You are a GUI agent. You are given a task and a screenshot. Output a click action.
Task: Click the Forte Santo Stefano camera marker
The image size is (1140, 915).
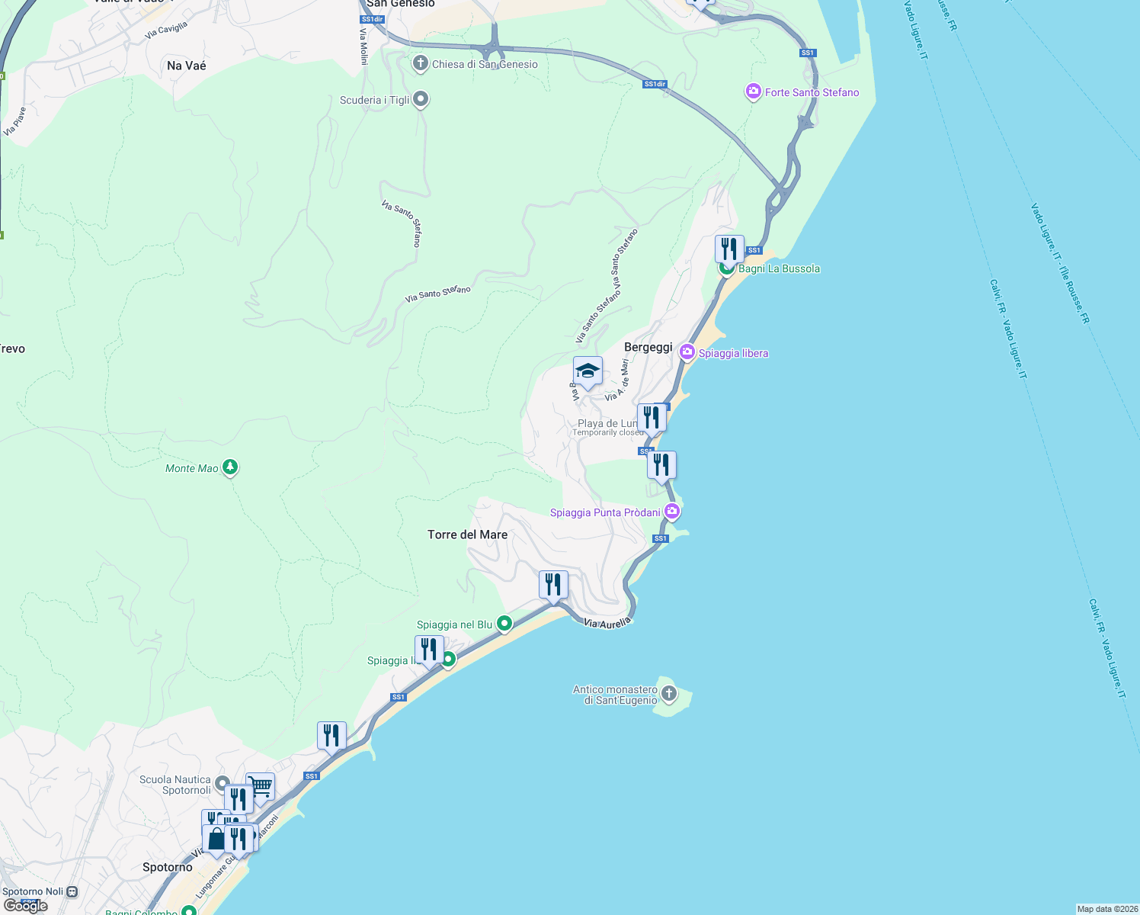coord(753,92)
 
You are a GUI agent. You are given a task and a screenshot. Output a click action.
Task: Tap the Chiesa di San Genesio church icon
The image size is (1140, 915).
coord(420,63)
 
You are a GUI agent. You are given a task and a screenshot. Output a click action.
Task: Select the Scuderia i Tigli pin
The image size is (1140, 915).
coord(421,99)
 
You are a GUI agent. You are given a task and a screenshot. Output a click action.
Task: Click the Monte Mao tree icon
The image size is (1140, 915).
coord(230,467)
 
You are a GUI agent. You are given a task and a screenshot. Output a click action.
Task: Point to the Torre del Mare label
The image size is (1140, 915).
coord(467,535)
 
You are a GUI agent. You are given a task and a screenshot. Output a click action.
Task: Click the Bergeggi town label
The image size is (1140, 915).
coord(648,347)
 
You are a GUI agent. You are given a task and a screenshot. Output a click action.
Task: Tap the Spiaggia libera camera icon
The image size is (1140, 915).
coord(687,352)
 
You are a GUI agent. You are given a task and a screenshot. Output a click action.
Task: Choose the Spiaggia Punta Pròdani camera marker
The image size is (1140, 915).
coord(671,512)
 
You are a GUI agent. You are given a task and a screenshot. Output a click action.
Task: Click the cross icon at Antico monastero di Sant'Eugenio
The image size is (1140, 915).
coord(669,693)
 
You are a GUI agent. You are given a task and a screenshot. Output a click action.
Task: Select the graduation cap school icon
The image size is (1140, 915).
coord(588,371)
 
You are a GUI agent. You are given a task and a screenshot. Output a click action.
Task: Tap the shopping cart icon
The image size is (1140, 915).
coord(261,786)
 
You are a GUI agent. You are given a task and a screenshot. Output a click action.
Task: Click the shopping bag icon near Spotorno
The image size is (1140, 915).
coord(216,839)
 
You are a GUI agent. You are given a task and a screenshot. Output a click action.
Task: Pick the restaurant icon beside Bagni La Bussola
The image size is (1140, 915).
coord(729,249)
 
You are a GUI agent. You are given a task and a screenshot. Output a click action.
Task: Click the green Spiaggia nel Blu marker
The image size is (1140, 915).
coord(504,624)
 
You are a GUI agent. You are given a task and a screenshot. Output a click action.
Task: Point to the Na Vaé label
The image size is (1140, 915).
coord(187,66)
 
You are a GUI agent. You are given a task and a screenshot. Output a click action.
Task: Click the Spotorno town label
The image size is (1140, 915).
coord(168,867)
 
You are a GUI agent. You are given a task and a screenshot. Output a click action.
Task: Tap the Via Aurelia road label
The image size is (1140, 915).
coord(607,623)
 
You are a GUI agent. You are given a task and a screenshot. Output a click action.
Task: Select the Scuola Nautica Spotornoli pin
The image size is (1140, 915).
coord(223,783)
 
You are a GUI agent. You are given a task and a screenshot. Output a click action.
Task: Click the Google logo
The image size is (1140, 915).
coord(26,906)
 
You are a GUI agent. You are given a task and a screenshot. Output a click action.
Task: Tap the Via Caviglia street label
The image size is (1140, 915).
coord(166,30)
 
